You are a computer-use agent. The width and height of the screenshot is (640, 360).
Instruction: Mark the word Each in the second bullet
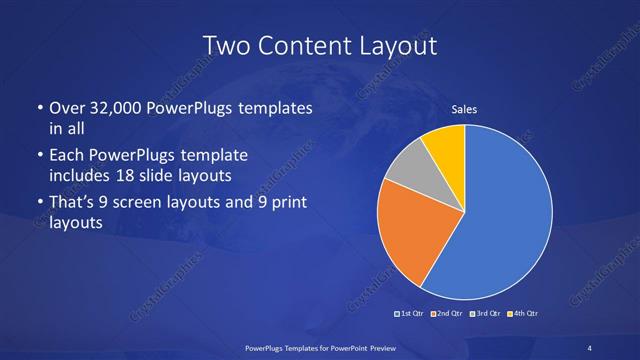tap(67, 156)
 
